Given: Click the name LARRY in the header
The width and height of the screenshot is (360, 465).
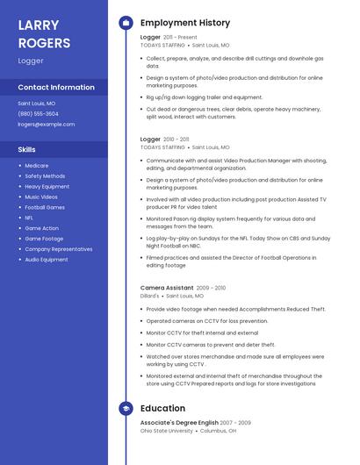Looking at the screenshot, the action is (x=39, y=25).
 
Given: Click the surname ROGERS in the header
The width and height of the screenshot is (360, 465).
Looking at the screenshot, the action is (x=44, y=42).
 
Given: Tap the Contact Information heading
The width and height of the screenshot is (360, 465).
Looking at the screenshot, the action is (x=56, y=87).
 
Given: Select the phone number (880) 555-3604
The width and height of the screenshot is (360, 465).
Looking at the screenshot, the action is (x=38, y=113).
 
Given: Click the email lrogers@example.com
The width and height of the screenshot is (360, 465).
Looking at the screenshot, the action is (x=46, y=124).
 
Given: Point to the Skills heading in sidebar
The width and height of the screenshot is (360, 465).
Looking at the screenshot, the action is (x=27, y=149).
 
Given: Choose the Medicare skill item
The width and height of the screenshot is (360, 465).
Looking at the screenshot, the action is (x=37, y=166).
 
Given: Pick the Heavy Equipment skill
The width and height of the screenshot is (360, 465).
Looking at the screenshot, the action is (x=47, y=186).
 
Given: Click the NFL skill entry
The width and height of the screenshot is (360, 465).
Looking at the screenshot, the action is (x=29, y=218).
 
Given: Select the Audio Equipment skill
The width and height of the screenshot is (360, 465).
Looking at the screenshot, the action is (x=46, y=260).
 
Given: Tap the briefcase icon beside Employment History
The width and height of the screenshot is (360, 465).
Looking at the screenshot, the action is (x=126, y=23).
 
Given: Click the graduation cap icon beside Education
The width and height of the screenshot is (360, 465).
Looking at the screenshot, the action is (x=126, y=408).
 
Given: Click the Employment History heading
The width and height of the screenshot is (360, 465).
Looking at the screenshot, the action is (x=184, y=23).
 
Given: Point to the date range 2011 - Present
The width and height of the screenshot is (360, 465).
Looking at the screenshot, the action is (x=180, y=38).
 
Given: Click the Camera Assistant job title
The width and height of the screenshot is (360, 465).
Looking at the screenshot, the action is (x=167, y=288).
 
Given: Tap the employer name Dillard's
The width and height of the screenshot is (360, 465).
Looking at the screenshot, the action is (x=149, y=296).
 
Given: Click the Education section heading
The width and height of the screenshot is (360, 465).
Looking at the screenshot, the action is (x=162, y=408).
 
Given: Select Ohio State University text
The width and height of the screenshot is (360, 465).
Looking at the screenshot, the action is (x=166, y=431).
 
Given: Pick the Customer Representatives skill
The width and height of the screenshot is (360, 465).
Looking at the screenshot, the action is (x=58, y=249).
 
